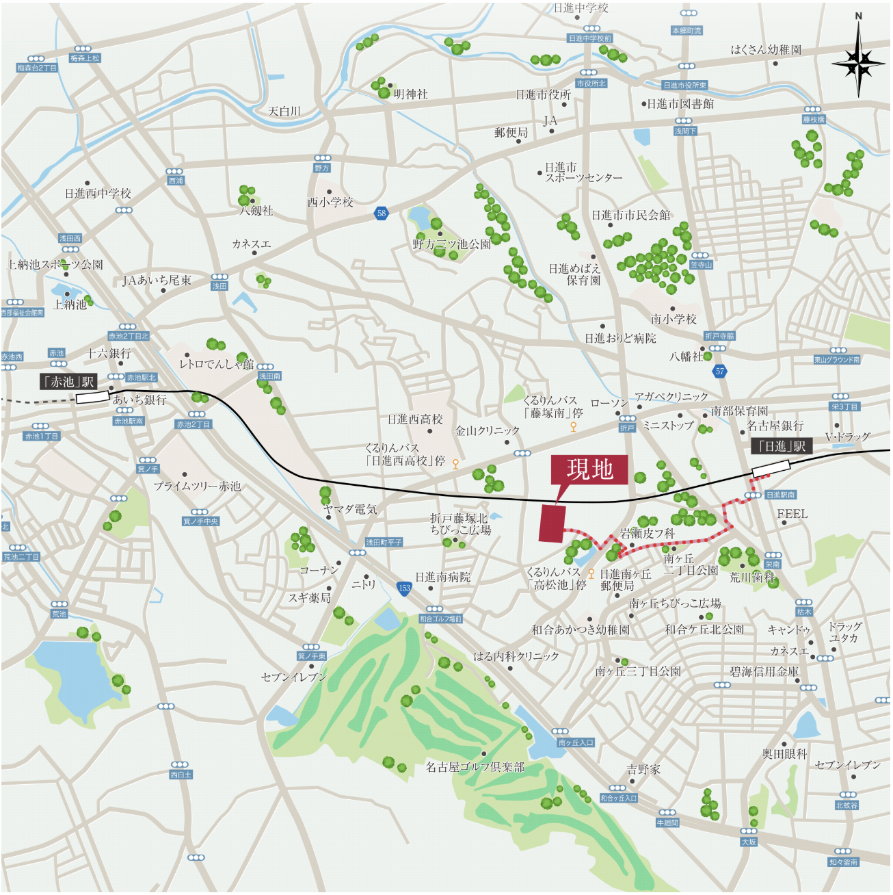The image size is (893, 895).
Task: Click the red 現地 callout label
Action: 589,469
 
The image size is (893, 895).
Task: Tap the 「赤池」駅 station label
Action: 69,382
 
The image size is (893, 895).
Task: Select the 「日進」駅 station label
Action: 782,446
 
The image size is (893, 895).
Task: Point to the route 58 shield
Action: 382,213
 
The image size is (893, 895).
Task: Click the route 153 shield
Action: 404,588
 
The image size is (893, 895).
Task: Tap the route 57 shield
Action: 719,372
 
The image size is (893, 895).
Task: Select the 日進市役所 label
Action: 543,95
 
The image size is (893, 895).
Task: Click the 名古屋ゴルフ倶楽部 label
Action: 475,767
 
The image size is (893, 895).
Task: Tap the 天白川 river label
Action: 284,111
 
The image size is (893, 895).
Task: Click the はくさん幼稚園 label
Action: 766,50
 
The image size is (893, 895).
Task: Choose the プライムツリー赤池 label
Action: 197,487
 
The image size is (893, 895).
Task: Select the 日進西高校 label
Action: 415,419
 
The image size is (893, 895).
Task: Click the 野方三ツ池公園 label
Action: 451,244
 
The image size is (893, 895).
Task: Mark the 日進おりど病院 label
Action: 619,338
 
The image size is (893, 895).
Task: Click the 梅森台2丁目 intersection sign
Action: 37,68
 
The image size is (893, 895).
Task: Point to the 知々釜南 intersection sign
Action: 843,862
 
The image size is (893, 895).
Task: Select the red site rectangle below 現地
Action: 552,524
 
